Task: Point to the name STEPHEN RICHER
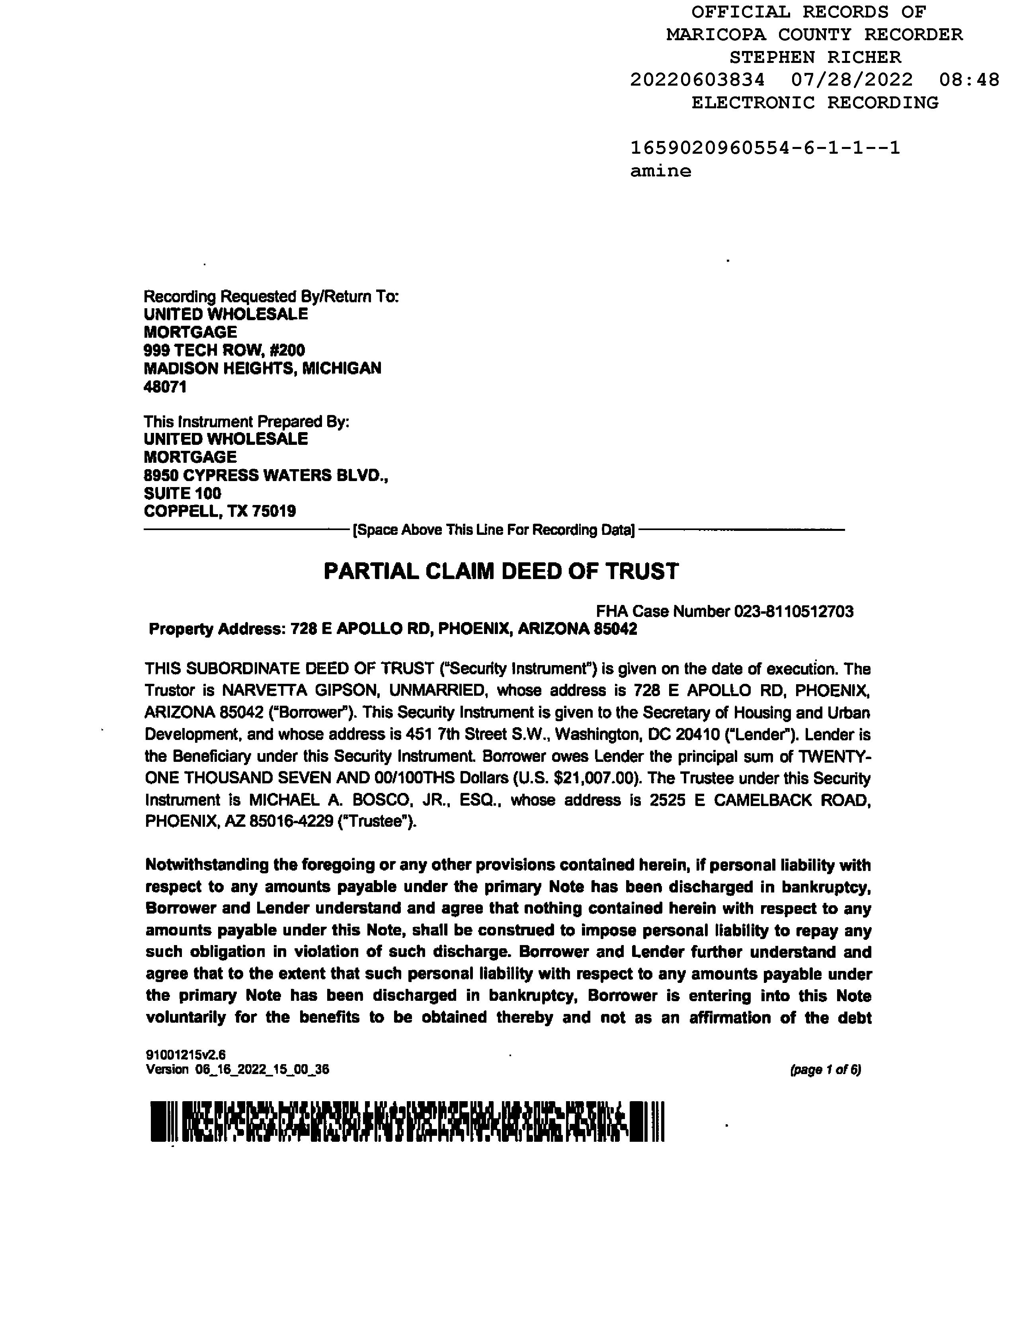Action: [x=815, y=57]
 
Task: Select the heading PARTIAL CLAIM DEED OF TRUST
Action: [x=501, y=571]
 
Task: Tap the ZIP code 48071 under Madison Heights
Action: [x=165, y=387]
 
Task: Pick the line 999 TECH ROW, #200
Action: [x=224, y=350]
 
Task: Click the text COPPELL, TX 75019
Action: [x=220, y=511]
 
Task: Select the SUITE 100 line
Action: [x=182, y=493]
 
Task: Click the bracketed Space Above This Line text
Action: [x=493, y=530]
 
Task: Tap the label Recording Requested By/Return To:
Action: [x=271, y=297]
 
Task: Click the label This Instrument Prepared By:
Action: [x=246, y=422]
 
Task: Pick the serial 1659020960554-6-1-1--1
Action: [x=765, y=148]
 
